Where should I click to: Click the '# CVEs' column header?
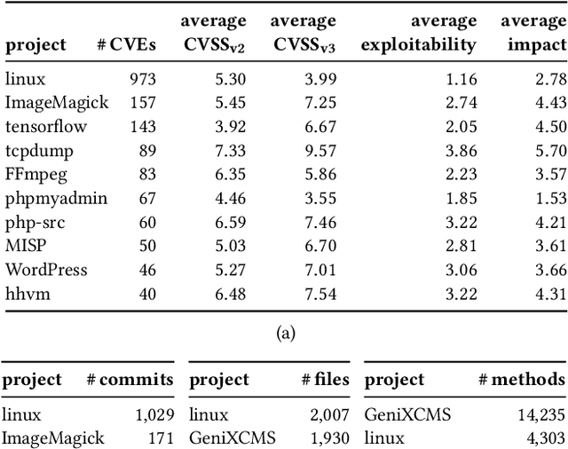pyautogui.click(x=134, y=44)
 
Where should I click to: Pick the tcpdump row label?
pyautogui.click(x=39, y=150)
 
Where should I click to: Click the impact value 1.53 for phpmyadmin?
pyautogui.click(x=548, y=198)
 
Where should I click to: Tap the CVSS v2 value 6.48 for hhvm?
pyautogui.click(x=226, y=293)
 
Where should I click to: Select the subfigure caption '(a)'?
pyautogui.click(x=284, y=333)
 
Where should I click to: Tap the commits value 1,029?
pyautogui.click(x=154, y=414)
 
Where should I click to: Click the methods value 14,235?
pyautogui.click(x=540, y=414)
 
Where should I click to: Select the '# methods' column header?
pyautogui.click(x=521, y=380)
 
